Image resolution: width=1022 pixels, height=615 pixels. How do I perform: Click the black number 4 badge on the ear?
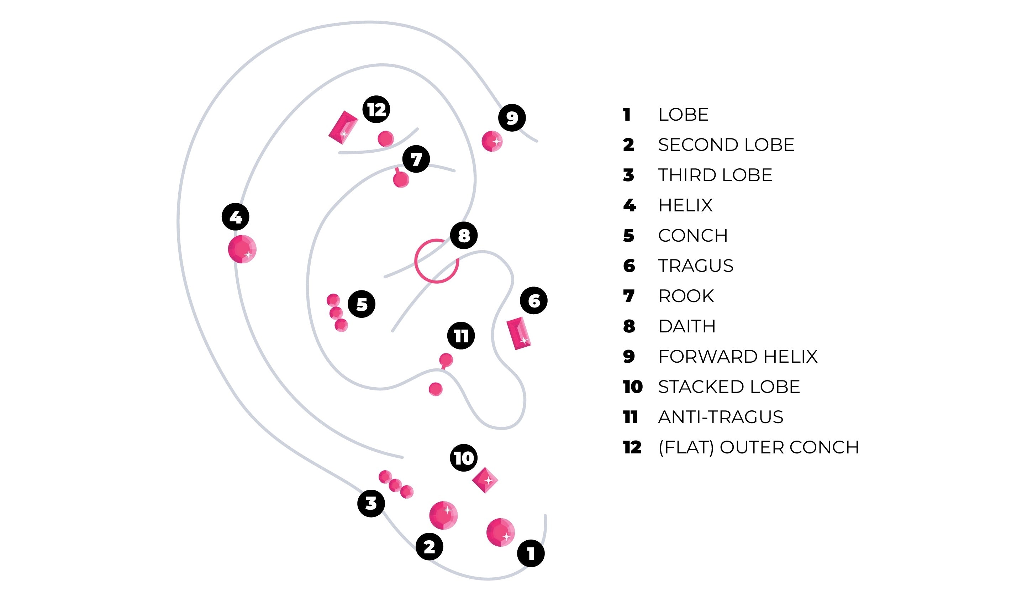(x=235, y=217)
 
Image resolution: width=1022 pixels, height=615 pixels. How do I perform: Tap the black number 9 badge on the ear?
(x=512, y=118)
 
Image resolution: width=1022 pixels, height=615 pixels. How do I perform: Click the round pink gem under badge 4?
(x=242, y=249)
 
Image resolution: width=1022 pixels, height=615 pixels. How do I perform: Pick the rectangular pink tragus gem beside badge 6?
(x=519, y=333)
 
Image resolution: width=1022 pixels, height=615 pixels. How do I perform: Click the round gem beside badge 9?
(x=492, y=141)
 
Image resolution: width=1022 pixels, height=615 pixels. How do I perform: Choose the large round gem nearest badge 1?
(x=500, y=532)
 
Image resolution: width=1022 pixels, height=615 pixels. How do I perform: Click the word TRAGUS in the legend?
(x=696, y=266)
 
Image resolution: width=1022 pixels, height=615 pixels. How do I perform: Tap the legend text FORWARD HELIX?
(x=737, y=356)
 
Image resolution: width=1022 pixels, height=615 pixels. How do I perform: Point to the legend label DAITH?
(x=687, y=326)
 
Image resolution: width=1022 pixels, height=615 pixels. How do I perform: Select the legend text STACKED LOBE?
(x=729, y=387)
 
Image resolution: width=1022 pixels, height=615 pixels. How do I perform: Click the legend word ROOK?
(x=686, y=296)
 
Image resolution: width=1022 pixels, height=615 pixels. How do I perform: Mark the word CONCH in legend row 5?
(x=692, y=235)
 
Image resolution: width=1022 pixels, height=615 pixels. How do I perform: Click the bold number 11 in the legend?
(x=630, y=417)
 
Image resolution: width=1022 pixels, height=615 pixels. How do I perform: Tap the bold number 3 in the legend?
(x=628, y=175)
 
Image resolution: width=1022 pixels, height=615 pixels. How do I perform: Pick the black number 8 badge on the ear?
(x=464, y=235)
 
